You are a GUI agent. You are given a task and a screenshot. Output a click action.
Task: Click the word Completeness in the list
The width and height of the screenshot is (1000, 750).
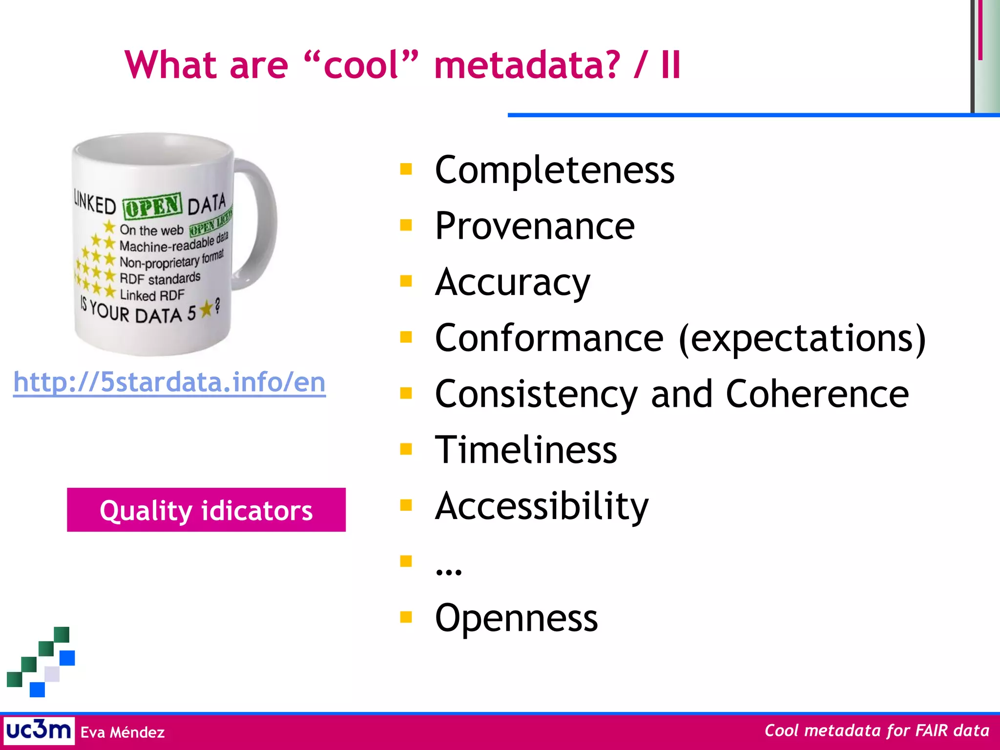click(x=554, y=170)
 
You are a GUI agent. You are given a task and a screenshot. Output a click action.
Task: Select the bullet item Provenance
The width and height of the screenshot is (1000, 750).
click(x=535, y=226)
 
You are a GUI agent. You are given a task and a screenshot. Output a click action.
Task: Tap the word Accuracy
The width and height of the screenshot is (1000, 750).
click(x=512, y=282)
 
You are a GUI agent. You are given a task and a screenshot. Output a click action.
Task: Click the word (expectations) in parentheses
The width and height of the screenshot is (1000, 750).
click(x=802, y=338)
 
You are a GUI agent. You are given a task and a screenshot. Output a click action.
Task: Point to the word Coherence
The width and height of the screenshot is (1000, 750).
click(x=817, y=394)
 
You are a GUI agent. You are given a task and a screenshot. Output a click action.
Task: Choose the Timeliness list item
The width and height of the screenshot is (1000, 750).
click(x=526, y=450)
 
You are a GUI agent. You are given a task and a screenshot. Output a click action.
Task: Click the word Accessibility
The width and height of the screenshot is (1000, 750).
click(x=542, y=506)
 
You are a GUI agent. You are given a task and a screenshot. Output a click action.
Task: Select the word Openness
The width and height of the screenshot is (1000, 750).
click(x=516, y=618)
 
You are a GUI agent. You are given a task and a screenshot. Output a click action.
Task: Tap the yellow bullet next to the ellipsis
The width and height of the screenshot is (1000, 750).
click(x=406, y=561)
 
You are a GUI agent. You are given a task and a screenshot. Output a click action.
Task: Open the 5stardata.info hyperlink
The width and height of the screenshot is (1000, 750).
click(x=169, y=382)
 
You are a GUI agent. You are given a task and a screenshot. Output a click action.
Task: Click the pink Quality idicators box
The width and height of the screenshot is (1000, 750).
click(x=206, y=510)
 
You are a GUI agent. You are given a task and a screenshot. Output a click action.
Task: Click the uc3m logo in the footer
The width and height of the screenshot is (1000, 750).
click(x=39, y=731)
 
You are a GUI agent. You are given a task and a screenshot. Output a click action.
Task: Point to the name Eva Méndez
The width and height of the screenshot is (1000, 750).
click(x=122, y=732)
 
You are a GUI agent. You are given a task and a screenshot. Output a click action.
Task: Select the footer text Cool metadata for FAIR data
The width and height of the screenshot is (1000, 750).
click(x=876, y=730)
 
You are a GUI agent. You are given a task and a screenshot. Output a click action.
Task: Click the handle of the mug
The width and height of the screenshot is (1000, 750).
click(x=259, y=225)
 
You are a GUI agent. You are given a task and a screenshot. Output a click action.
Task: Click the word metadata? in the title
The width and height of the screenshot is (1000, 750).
click(x=527, y=65)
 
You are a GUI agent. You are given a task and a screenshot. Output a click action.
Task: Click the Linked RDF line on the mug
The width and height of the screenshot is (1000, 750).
click(x=152, y=295)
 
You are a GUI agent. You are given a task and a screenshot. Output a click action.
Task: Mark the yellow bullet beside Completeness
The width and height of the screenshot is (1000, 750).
click(x=406, y=169)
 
